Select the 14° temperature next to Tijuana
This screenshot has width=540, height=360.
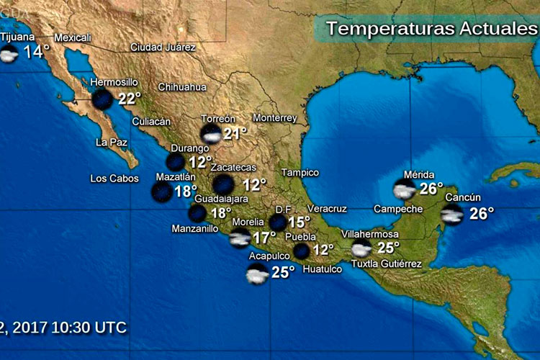[37, 52]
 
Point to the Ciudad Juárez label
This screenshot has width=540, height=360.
[163, 48]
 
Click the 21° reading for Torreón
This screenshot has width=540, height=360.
[235, 133]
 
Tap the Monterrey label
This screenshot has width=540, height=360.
[275, 118]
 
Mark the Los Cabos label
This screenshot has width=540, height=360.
[114, 179]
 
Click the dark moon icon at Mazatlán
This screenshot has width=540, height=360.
[161, 192]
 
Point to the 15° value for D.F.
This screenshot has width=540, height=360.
[299, 222]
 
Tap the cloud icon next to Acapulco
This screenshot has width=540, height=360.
[257, 273]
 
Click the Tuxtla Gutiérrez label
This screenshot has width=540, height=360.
[386, 264]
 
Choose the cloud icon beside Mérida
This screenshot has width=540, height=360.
[404, 189]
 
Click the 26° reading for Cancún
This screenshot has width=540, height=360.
[482, 214]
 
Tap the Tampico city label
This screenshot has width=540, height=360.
[300, 173]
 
